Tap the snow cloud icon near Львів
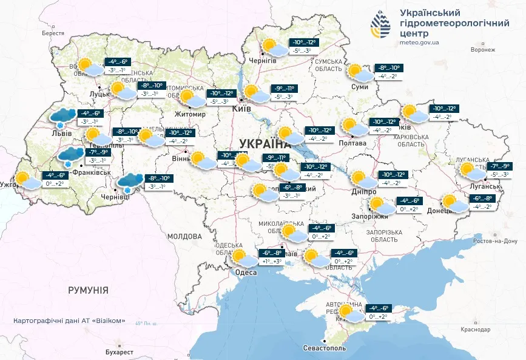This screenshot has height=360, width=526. (x=63, y=115)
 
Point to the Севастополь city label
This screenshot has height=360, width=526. (x=325, y=349)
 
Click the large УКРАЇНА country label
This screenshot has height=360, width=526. (x=265, y=143)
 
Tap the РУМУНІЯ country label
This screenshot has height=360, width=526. (x=88, y=290)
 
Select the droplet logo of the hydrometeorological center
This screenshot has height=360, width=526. (x=382, y=25)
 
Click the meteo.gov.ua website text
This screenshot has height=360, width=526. (x=420, y=42)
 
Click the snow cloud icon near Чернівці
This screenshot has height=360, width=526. (x=130, y=182)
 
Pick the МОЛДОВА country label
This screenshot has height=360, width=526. (x=184, y=236)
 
